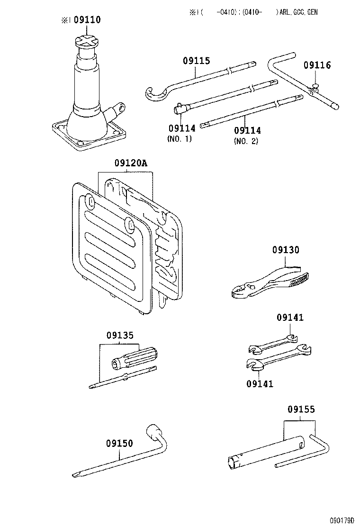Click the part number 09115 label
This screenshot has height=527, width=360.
[x=197, y=61]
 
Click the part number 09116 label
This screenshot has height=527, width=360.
[x=317, y=65]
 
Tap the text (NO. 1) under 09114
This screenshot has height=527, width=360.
[x=180, y=140]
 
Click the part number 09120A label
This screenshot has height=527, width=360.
[x=131, y=164]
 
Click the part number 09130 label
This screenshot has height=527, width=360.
[x=286, y=250]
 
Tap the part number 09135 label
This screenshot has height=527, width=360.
[x=120, y=335]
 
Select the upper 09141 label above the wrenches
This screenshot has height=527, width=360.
[x=290, y=318]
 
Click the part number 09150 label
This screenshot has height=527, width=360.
[x=119, y=444]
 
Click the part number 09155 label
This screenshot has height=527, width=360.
[x=301, y=409]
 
